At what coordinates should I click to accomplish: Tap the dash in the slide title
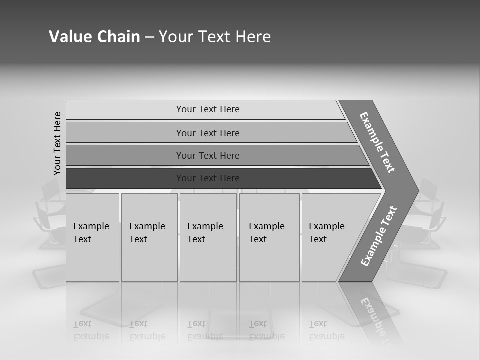(149, 37)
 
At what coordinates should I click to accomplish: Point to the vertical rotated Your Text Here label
(57, 143)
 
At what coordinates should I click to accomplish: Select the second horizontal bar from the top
(207, 133)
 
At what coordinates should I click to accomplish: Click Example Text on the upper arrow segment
(377, 142)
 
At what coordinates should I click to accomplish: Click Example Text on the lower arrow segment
(378, 236)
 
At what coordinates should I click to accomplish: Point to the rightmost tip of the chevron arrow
(418, 190)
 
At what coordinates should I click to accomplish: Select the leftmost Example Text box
(92, 237)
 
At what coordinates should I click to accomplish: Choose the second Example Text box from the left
(149, 237)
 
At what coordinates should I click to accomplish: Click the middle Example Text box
(207, 237)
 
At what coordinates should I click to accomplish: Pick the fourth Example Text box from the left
(269, 237)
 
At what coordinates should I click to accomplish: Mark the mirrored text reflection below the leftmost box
(91, 330)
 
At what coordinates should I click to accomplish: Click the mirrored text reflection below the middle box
(205, 330)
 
